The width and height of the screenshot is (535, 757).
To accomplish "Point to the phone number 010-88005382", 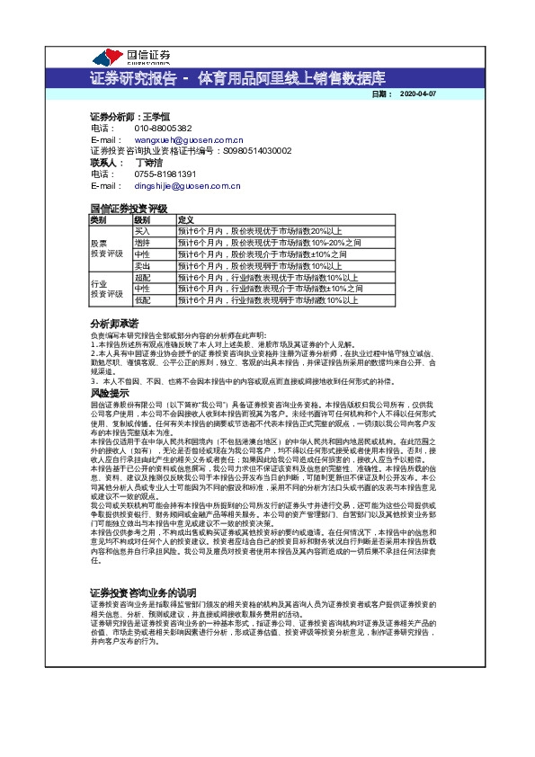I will point(163,129).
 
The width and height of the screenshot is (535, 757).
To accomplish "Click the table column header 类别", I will point(98,219).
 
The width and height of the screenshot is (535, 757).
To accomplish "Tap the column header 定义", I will point(186,219).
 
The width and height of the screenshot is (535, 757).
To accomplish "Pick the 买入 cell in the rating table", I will point(142,231).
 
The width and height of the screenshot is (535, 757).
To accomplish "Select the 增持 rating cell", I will point(142,243).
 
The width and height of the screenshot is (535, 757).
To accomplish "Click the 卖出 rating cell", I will point(142,266).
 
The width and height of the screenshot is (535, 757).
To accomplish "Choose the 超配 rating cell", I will point(142,278).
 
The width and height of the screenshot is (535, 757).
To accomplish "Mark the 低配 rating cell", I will point(142,300).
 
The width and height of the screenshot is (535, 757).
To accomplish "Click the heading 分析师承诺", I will point(114,323).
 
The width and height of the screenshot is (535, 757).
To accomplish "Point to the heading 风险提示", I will point(110,393).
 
